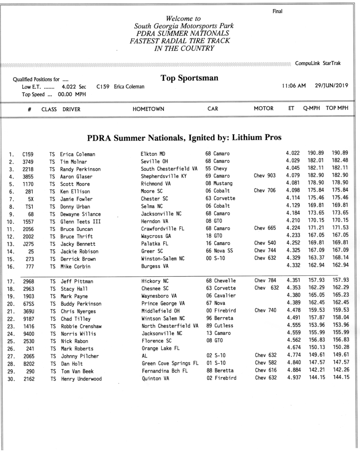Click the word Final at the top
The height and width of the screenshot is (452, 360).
click(x=277, y=11)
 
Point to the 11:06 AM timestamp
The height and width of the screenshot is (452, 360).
click(x=294, y=86)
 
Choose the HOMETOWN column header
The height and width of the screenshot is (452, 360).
click(x=148, y=109)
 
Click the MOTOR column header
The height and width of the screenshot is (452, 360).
click(x=263, y=109)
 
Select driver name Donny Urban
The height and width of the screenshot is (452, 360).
click(x=76, y=206)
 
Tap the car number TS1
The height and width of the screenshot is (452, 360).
click(x=30, y=206)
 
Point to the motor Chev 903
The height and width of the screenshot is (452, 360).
click(x=265, y=176)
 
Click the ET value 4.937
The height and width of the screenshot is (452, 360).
click(x=294, y=378)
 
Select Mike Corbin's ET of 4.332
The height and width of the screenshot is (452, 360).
click(x=294, y=266)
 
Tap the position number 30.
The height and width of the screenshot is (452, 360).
click(x=11, y=379)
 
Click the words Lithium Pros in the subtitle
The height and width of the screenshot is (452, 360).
click(x=256, y=137)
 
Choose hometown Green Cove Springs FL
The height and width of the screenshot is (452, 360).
click(x=170, y=363)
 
